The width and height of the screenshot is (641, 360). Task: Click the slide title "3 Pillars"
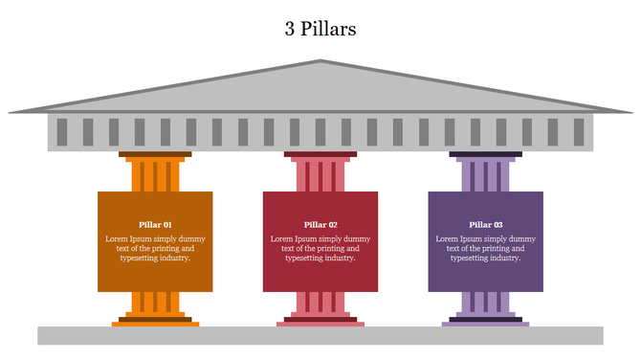coord(320,29)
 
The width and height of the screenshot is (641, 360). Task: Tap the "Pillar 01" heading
coord(155,225)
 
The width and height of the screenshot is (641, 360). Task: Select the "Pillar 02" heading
coord(320,225)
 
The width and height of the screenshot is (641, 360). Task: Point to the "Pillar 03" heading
coord(486,225)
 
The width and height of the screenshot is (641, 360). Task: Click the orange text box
coord(155,273)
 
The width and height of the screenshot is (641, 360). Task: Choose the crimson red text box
coord(320,273)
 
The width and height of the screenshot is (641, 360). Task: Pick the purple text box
coord(486,273)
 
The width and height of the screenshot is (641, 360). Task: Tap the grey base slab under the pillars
coord(320,335)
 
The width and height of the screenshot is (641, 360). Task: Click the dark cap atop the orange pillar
coord(155,154)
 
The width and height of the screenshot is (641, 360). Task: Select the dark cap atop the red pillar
coord(320,154)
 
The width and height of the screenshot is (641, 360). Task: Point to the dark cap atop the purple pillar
coord(486,154)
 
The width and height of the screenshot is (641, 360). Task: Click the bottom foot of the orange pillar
coord(155,324)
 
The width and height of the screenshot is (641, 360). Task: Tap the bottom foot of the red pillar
coord(320,324)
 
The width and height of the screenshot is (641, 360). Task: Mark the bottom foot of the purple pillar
coord(486,324)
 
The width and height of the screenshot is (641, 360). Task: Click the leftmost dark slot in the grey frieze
coord(62,131)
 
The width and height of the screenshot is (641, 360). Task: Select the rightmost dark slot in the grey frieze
coord(579,131)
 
